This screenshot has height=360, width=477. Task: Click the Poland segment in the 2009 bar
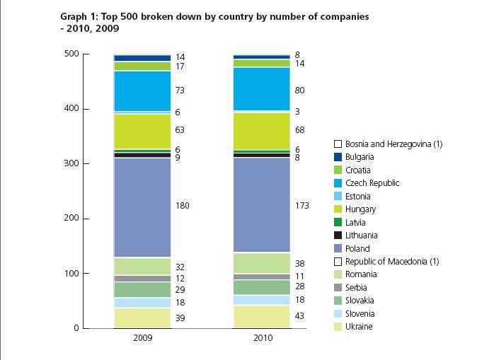tap(142, 207)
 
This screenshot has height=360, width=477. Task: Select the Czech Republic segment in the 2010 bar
tap(262, 88)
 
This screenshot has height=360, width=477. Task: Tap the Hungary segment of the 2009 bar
tap(142, 130)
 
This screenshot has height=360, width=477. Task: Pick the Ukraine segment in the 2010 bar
tap(262, 316)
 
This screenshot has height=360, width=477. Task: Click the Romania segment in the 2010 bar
tap(262, 262)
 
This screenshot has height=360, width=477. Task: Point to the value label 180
tap(183, 206)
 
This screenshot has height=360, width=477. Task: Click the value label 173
tap(302, 206)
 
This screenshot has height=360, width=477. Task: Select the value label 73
tap(180, 91)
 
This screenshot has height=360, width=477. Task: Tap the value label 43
tap(300, 316)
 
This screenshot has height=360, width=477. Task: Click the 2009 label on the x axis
tap(142, 339)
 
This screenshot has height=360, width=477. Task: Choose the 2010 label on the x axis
tap(262, 339)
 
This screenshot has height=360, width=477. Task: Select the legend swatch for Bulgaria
tap(338, 157)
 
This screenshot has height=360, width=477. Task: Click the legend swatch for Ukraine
tap(338, 327)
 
